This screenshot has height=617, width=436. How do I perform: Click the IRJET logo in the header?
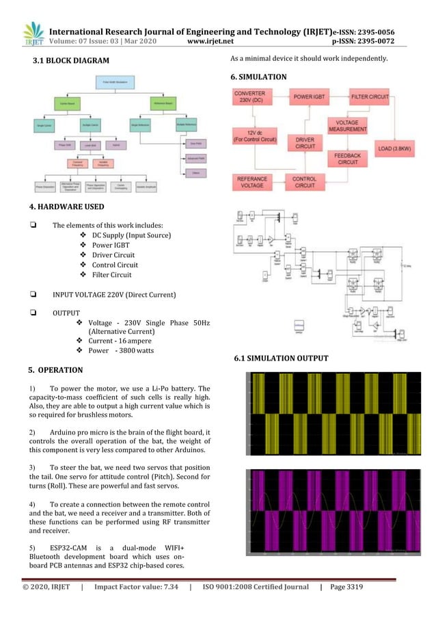click(32, 35)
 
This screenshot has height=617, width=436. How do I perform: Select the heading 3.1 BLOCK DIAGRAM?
click(71, 62)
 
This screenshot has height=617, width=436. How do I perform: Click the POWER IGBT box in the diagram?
click(313, 98)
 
